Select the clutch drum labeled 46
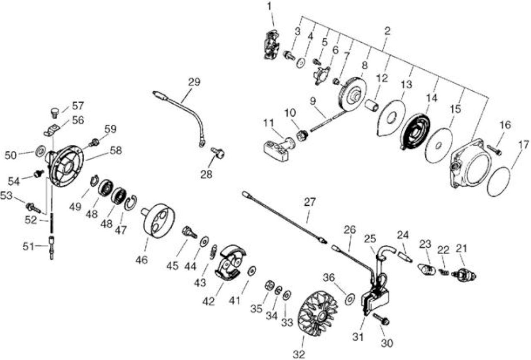[x=158, y=220]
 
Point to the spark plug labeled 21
[x=464, y=275]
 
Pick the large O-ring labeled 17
[x=498, y=181]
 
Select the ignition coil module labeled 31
[x=375, y=301]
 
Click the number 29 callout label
[x=194, y=82]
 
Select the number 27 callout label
[x=309, y=202]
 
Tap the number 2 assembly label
[x=387, y=31]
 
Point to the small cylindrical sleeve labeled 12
[x=372, y=105]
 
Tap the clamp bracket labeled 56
[x=51, y=130]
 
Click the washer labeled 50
[x=40, y=151]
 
